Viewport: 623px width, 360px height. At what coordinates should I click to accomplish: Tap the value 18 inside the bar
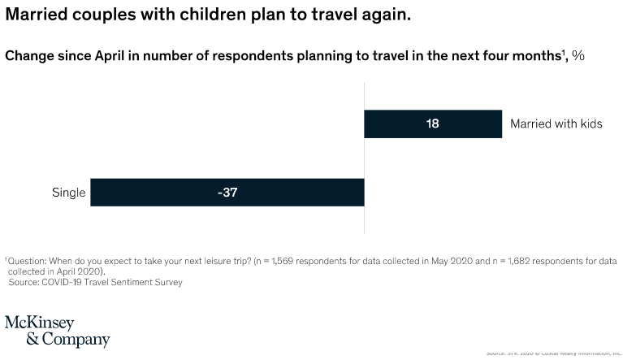[433, 124]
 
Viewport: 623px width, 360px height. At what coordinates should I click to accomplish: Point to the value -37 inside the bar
[227, 193]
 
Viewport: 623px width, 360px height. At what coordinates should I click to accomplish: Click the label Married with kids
[556, 124]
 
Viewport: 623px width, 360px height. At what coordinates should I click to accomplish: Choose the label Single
[68, 193]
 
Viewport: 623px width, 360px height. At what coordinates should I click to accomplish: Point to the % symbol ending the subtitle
[578, 56]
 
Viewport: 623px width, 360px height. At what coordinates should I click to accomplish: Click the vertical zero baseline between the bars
[364, 158]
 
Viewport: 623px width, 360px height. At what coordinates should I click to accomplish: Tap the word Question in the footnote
[28, 261]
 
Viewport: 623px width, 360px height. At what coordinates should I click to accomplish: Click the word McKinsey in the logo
[40, 323]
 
